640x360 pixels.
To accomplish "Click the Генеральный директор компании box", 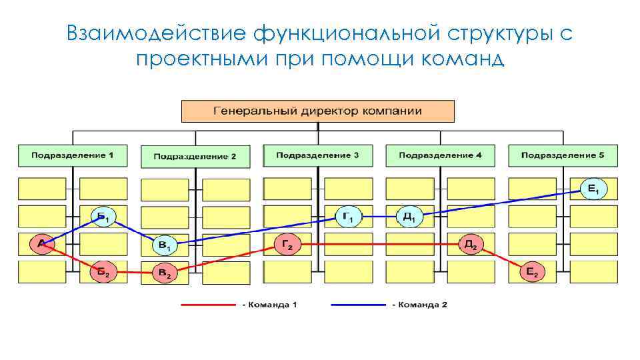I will [x=318, y=111].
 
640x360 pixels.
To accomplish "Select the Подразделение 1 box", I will [x=72, y=155].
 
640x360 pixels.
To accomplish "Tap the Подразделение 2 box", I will [x=195, y=157].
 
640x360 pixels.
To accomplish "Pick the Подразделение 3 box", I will [x=317, y=155].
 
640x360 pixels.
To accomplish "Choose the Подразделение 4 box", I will [x=440, y=155].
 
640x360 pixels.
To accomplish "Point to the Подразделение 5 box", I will [x=563, y=155].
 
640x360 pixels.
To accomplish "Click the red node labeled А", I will [x=42, y=244].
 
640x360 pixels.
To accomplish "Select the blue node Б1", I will [x=103, y=216].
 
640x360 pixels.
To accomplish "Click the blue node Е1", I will [x=593, y=190].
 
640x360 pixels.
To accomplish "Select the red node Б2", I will [x=103, y=272].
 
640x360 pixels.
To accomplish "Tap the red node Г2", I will [x=287, y=245].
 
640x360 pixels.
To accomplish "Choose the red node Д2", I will [x=470, y=245].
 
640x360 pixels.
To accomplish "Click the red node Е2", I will [x=532, y=271].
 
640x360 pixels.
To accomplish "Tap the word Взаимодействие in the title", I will [x=159, y=33].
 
